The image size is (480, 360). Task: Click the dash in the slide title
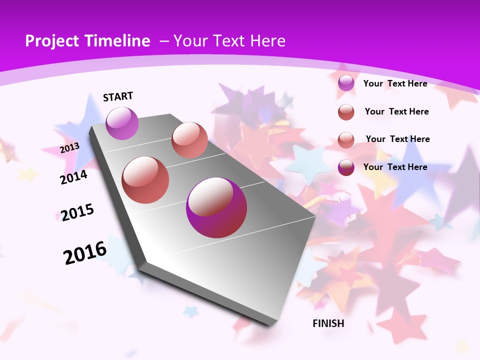pos(164,41)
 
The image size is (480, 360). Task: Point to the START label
pos(118,96)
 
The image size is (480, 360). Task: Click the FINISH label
pos(328,323)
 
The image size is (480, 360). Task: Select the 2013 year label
pos(69,148)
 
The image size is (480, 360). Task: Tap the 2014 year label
pos(73,177)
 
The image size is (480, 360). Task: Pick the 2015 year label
pos(77,212)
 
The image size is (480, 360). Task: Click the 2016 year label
pos(85,252)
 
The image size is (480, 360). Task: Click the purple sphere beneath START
pos(122,123)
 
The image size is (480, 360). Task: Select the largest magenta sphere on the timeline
pos(216,207)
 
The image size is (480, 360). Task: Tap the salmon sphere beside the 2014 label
pos(145,180)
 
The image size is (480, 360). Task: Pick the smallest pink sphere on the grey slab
pos(189,140)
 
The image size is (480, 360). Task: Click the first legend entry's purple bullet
pos(346,83)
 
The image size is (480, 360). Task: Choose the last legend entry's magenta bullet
pos(346,167)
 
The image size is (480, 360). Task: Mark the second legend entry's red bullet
pos(346,112)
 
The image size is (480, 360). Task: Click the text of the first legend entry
pos(395,83)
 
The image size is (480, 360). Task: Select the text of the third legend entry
pos(397,139)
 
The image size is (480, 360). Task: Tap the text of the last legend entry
pos(395,167)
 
